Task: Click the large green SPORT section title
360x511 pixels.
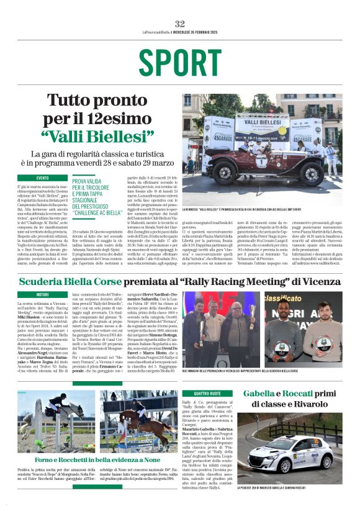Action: (179, 63)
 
